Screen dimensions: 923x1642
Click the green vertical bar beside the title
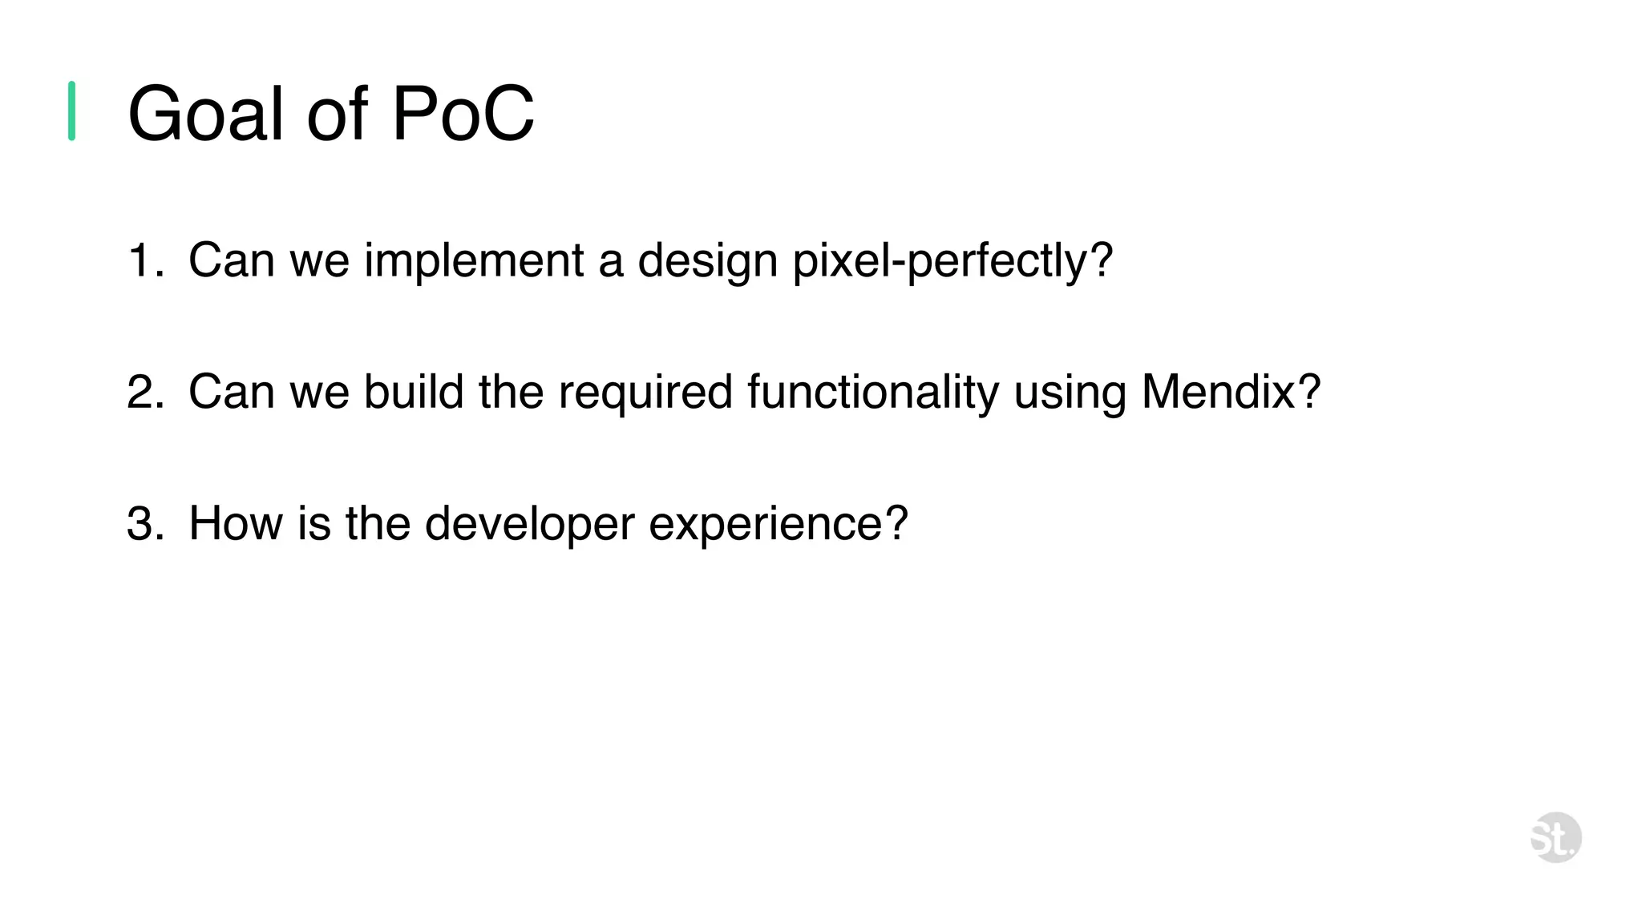point(71,111)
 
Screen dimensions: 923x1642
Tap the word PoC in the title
point(463,114)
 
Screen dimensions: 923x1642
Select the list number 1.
point(141,261)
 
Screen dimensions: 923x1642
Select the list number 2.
point(144,393)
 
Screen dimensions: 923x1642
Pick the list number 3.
point(144,524)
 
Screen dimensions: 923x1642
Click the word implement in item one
point(474,261)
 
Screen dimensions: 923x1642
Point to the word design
point(707,261)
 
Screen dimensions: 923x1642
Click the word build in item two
point(414,393)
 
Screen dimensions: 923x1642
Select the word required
point(645,393)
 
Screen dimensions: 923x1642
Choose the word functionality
point(873,393)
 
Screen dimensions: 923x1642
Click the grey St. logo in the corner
point(1555,837)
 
